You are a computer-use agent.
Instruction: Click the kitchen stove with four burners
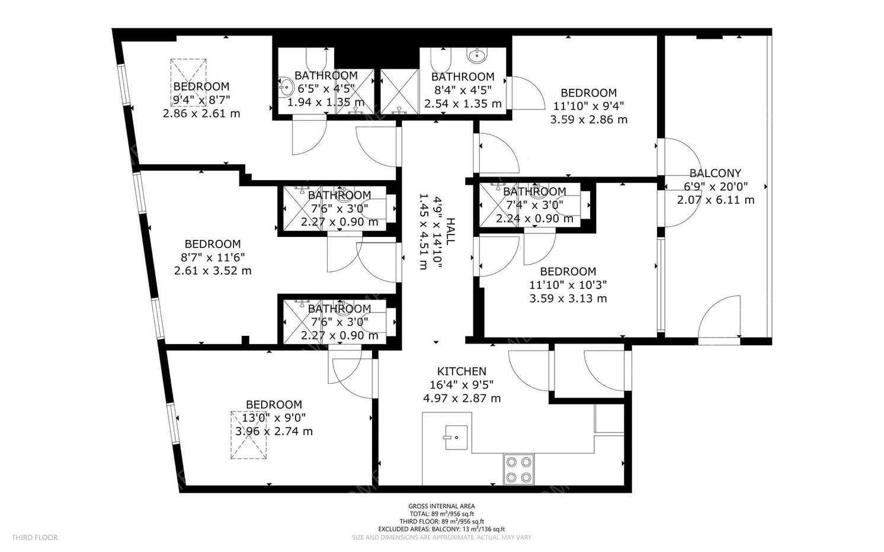click(x=518, y=469)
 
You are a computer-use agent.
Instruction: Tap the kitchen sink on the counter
click(x=456, y=438)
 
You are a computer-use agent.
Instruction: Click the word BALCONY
click(x=715, y=174)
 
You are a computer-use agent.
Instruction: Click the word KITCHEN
click(x=462, y=371)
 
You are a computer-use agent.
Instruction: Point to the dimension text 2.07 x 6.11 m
click(x=716, y=200)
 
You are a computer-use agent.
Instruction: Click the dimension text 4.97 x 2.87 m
click(x=462, y=399)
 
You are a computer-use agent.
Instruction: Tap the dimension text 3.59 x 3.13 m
click(x=568, y=299)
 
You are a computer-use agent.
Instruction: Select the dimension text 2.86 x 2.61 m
click(x=201, y=113)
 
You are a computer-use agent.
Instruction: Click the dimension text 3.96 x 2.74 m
click(x=274, y=432)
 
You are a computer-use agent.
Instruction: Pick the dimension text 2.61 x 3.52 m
click(x=212, y=271)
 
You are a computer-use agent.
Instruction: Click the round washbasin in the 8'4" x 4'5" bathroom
click(x=477, y=56)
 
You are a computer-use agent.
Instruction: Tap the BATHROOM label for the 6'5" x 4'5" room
click(x=326, y=76)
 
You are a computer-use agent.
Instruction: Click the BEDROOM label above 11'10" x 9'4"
click(x=588, y=93)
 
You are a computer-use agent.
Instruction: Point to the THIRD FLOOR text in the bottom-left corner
click(x=34, y=538)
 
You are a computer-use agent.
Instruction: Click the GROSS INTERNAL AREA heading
click(x=441, y=506)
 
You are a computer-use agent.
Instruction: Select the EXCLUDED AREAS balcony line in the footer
click(x=441, y=529)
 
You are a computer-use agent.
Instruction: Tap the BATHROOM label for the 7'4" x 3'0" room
click(x=534, y=192)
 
